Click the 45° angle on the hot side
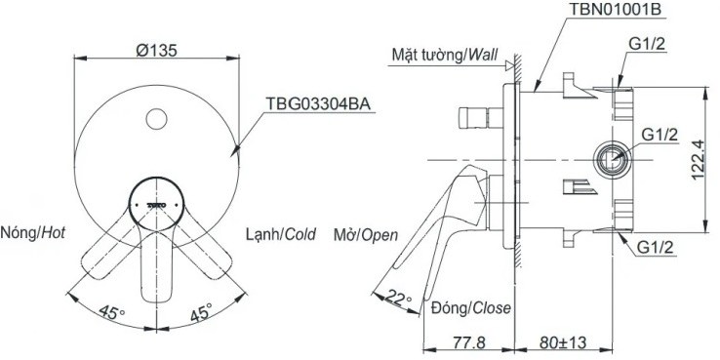(114, 314)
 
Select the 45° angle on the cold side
(199, 314)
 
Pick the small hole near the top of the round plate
(155, 121)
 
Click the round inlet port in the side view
(611, 158)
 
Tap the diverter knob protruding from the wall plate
(479, 119)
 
